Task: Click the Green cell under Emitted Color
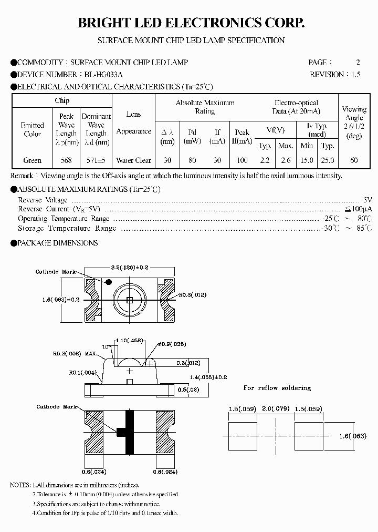click(x=33, y=160)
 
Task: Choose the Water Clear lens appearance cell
click(x=133, y=160)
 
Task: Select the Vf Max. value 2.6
click(x=286, y=160)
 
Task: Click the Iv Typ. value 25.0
click(x=328, y=160)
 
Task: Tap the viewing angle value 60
click(x=354, y=160)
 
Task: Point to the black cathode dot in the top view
click(x=109, y=282)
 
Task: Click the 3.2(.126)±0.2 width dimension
click(x=130, y=268)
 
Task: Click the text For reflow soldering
click(x=277, y=388)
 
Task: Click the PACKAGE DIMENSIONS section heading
click(x=57, y=243)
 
